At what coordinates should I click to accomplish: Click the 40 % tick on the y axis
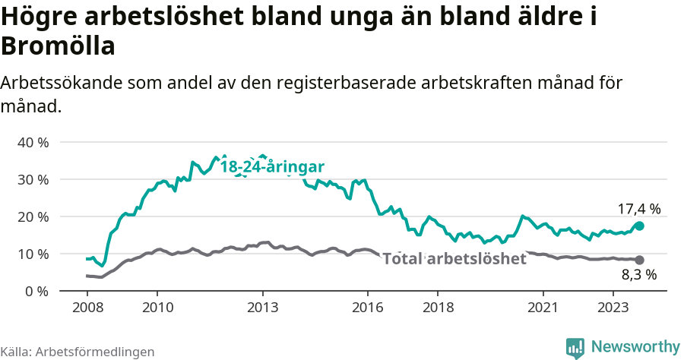[33, 142]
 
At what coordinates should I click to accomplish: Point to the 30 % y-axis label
[33, 179]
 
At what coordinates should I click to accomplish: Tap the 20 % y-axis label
[33, 216]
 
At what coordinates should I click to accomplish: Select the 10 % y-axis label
[33, 254]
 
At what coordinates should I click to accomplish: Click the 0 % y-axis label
[36, 291]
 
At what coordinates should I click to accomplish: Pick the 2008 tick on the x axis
[87, 308]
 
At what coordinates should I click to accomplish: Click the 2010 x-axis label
[157, 308]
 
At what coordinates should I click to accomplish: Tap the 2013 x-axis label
[262, 308]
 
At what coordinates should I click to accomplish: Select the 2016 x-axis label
[368, 308]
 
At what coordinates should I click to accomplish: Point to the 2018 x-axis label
[439, 308]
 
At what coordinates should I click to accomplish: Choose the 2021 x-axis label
[543, 308]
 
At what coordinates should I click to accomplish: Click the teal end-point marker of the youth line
[639, 226]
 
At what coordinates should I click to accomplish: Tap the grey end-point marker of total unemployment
[639, 260]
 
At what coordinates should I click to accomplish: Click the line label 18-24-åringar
[272, 166]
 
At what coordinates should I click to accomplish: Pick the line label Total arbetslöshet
[454, 259]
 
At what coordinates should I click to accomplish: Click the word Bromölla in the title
[59, 46]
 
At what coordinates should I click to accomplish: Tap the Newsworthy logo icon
[575, 346]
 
